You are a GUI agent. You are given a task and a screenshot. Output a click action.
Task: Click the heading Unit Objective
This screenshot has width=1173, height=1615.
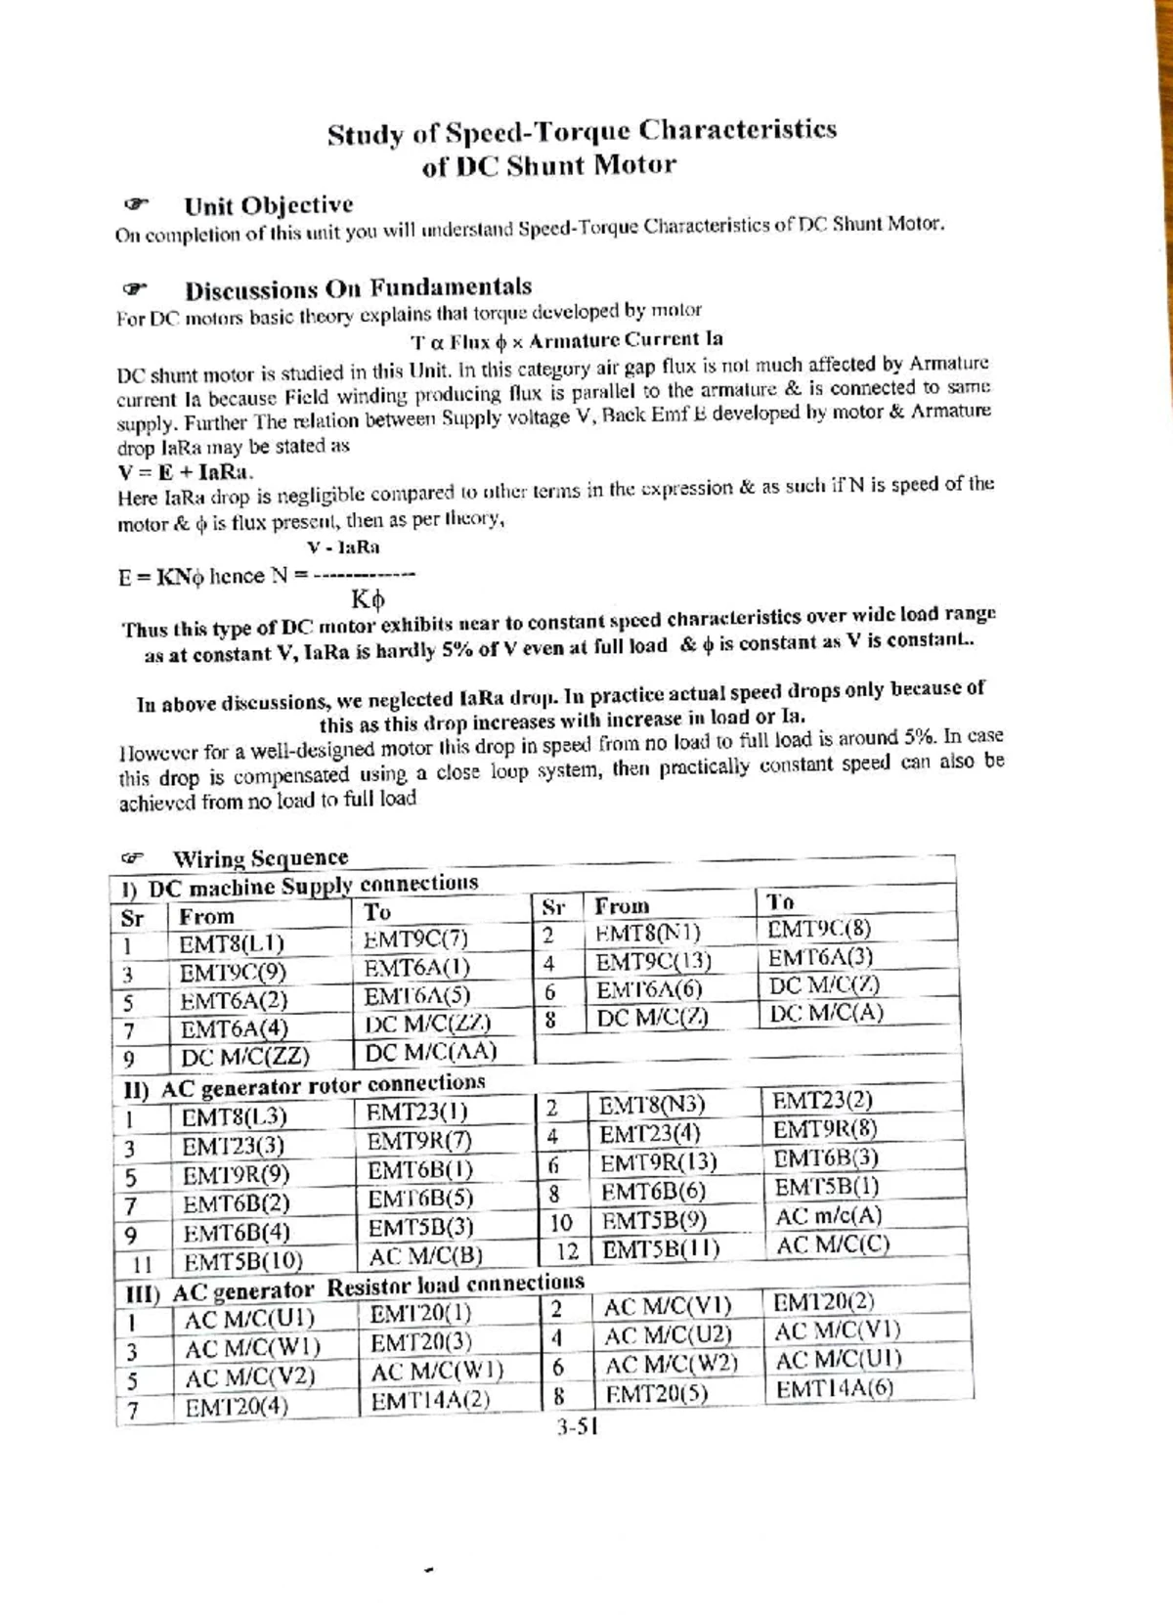click(268, 205)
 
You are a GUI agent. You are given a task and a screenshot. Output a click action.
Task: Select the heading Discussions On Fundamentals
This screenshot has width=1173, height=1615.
click(358, 289)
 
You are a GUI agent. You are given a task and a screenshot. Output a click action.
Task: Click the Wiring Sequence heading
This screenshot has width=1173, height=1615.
click(260, 858)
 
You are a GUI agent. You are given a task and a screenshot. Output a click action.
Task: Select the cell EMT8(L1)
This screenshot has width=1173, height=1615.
click(232, 944)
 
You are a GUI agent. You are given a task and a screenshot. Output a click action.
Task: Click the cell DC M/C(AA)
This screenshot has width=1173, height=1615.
click(431, 1052)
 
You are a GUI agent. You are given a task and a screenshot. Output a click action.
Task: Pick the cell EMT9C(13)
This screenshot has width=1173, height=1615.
click(653, 962)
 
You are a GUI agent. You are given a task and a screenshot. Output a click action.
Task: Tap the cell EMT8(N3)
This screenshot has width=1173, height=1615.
click(651, 1106)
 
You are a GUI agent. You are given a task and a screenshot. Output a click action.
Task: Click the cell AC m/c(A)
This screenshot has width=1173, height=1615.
click(828, 1217)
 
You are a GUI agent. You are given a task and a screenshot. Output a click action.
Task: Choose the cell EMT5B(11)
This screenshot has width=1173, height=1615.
click(660, 1250)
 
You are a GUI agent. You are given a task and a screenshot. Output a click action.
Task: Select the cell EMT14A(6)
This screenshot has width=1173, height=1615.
click(834, 1389)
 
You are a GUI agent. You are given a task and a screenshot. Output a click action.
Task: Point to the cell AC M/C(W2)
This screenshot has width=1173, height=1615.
click(671, 1365)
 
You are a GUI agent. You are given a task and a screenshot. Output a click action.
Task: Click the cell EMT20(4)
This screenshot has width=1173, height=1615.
click(237, 1408)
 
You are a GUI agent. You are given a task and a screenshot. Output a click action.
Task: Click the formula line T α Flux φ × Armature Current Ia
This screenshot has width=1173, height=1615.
click(567, 340)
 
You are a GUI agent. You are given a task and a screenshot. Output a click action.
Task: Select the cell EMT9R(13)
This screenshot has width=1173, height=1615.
click(658, 1163)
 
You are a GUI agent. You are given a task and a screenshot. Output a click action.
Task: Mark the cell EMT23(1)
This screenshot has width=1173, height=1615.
click(416, 1113)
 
